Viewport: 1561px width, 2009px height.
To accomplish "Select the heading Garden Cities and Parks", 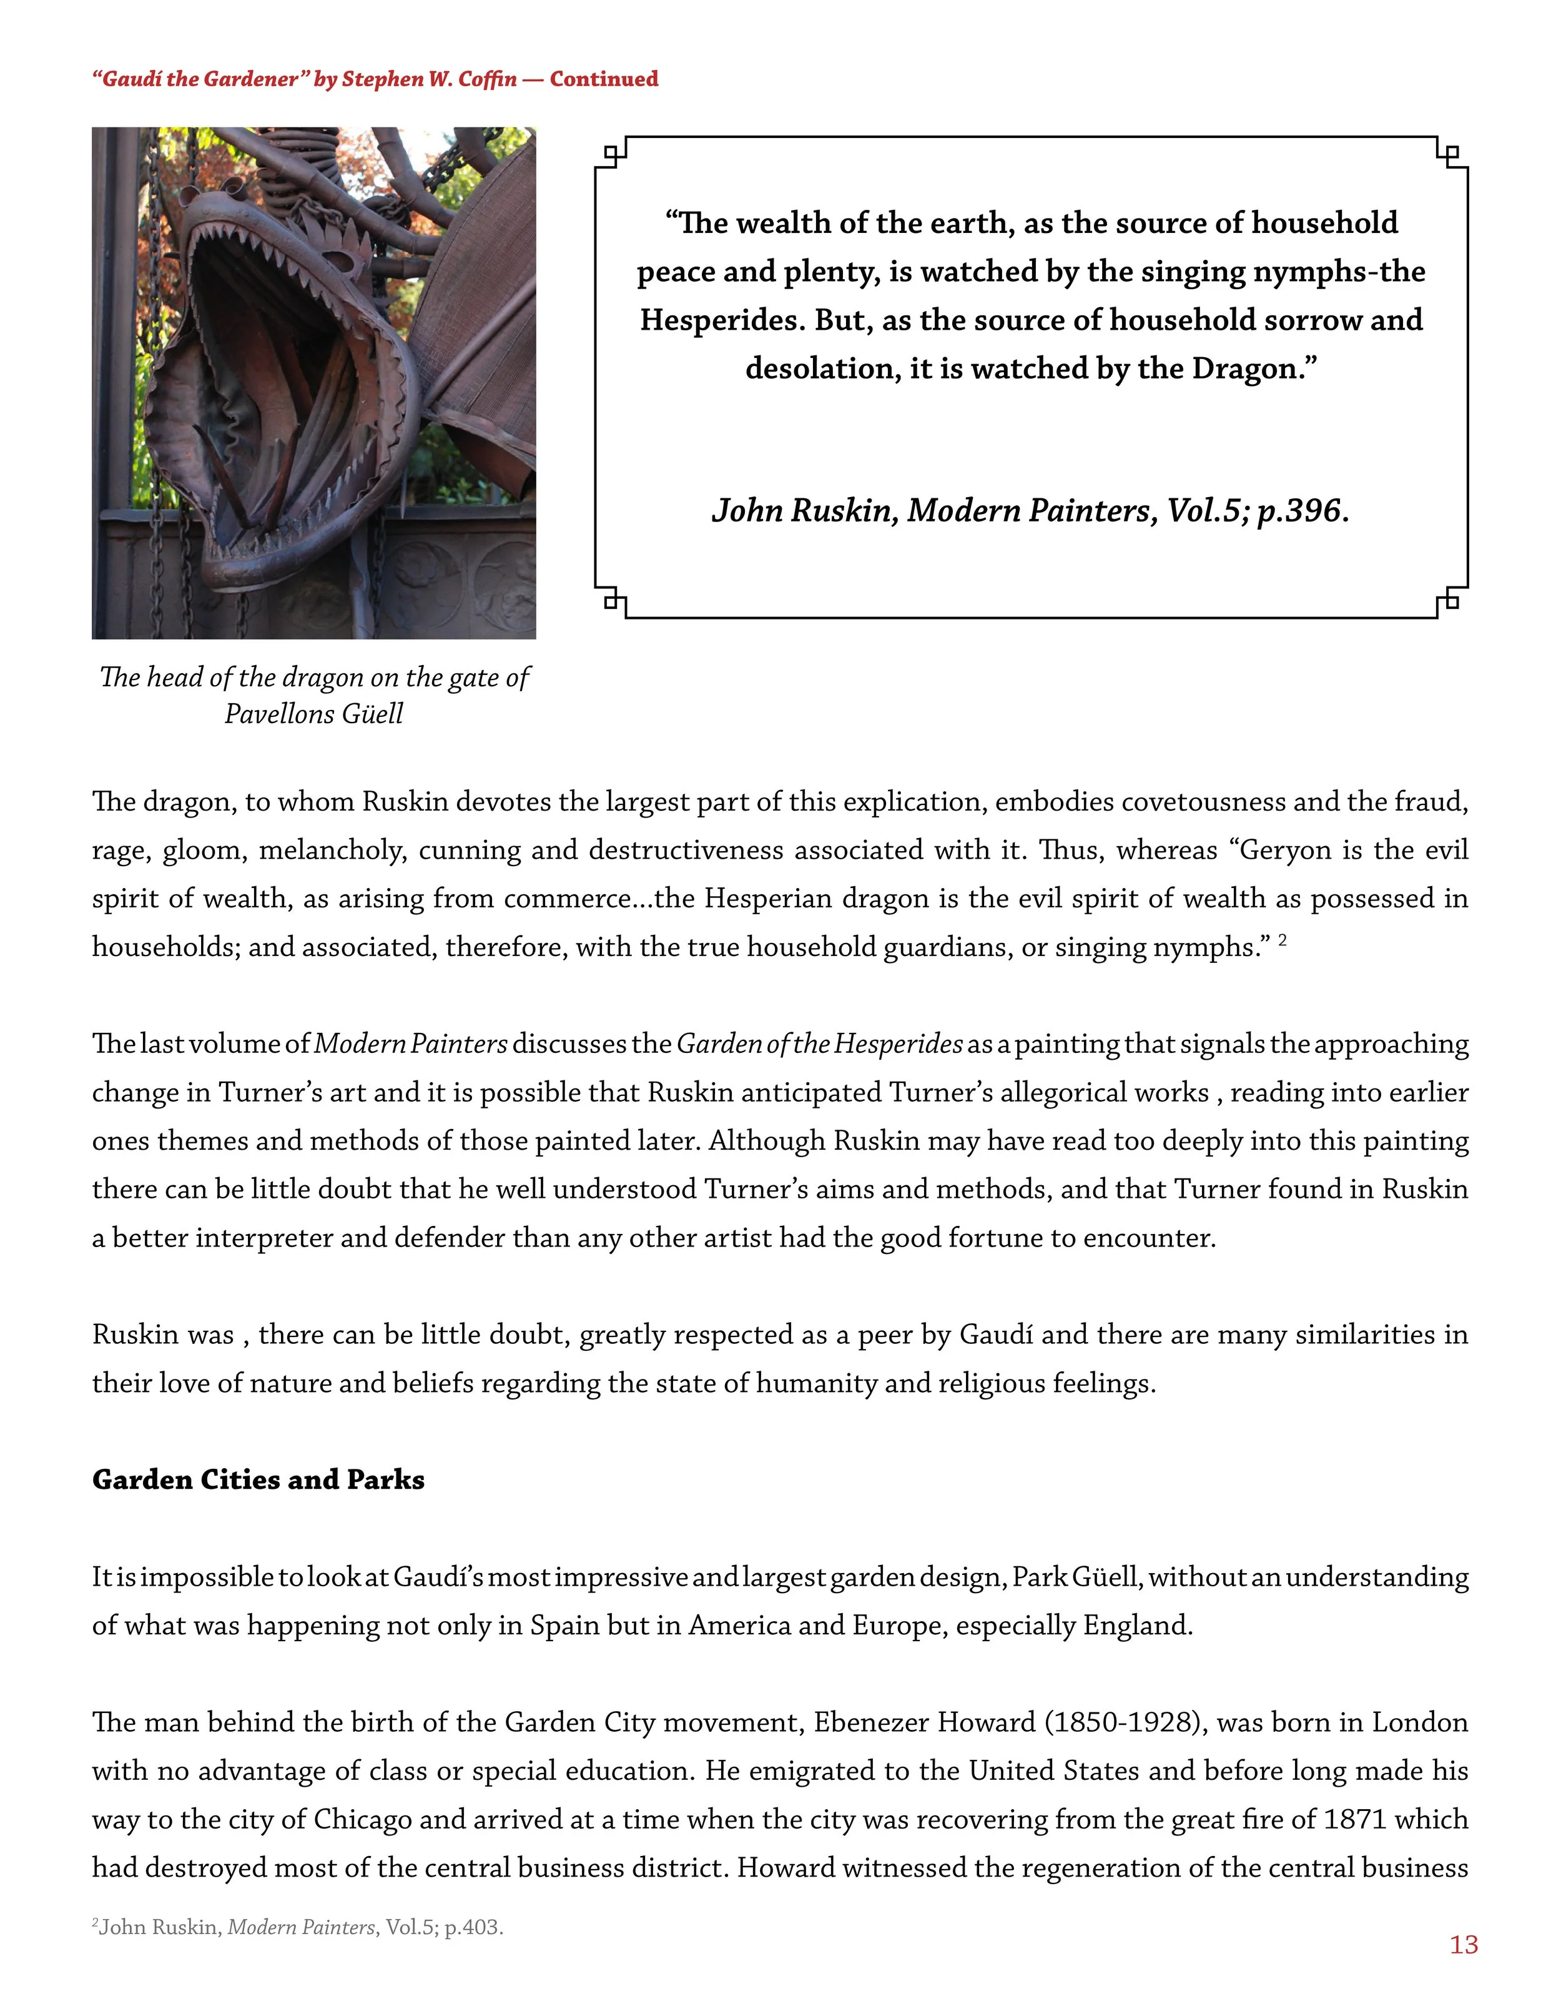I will [x=259, y=1479].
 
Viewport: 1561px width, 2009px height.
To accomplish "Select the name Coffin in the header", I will [x=490, y=79].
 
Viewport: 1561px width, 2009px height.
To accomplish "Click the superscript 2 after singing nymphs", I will [x=1283, y=939].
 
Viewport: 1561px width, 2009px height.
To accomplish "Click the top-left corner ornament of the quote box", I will [x=611, y=153].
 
